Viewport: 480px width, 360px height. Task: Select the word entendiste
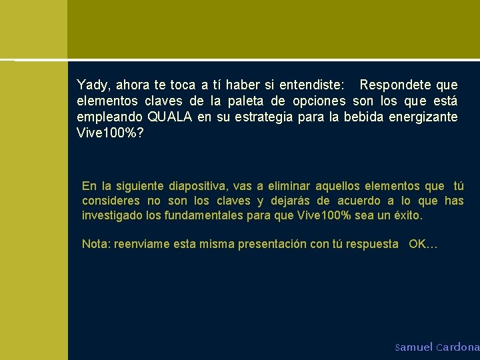point(310,85)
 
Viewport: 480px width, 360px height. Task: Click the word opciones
point(319,101)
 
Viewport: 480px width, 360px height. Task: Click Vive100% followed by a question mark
point(110,133)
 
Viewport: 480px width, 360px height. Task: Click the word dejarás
point(291,201)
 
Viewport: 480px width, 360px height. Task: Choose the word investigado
point(111,216)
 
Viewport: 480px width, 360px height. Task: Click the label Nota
point(95,244)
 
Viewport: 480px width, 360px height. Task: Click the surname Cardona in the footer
point(458,347)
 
